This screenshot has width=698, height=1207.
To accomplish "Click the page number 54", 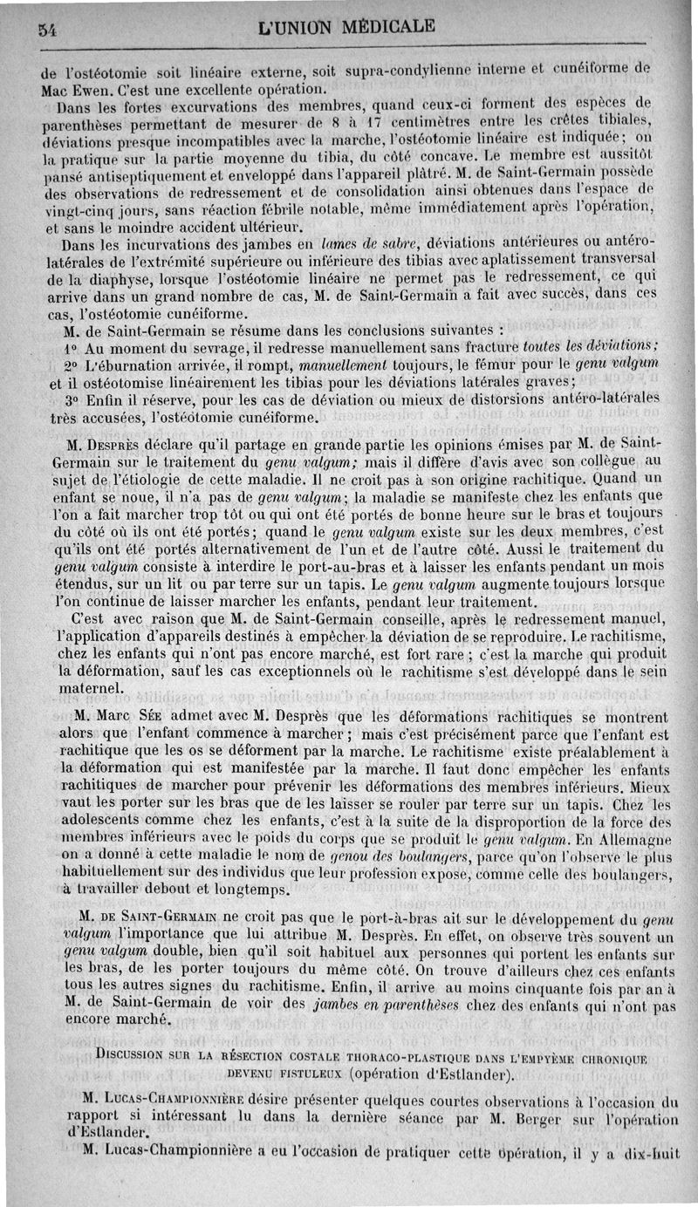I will pos(47,29).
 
